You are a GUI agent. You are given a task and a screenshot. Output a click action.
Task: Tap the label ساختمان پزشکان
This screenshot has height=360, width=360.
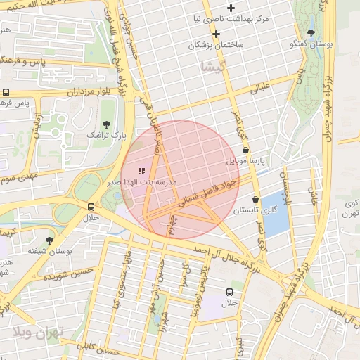pyautogui.click(x=214, y=44)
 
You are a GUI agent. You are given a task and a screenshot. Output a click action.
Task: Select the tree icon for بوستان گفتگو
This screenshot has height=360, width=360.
pyautogui.click(x=311, y=33)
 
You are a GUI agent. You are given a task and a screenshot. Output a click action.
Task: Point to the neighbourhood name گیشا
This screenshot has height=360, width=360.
pyautogui.click(x=210, y=67)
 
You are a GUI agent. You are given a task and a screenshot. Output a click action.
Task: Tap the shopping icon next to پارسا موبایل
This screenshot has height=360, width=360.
pyautogui.click(x=245, y=150)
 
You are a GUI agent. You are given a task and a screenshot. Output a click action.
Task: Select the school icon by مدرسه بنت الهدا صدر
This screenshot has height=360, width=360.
pyautogui.click(x=141, y=170)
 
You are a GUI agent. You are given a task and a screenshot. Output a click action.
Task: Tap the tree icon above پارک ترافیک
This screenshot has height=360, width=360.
pyautogui.click(x=106, y=123)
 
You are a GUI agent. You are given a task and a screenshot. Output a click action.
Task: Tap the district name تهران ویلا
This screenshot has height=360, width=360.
pyautogui.click(x=37, y=331)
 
